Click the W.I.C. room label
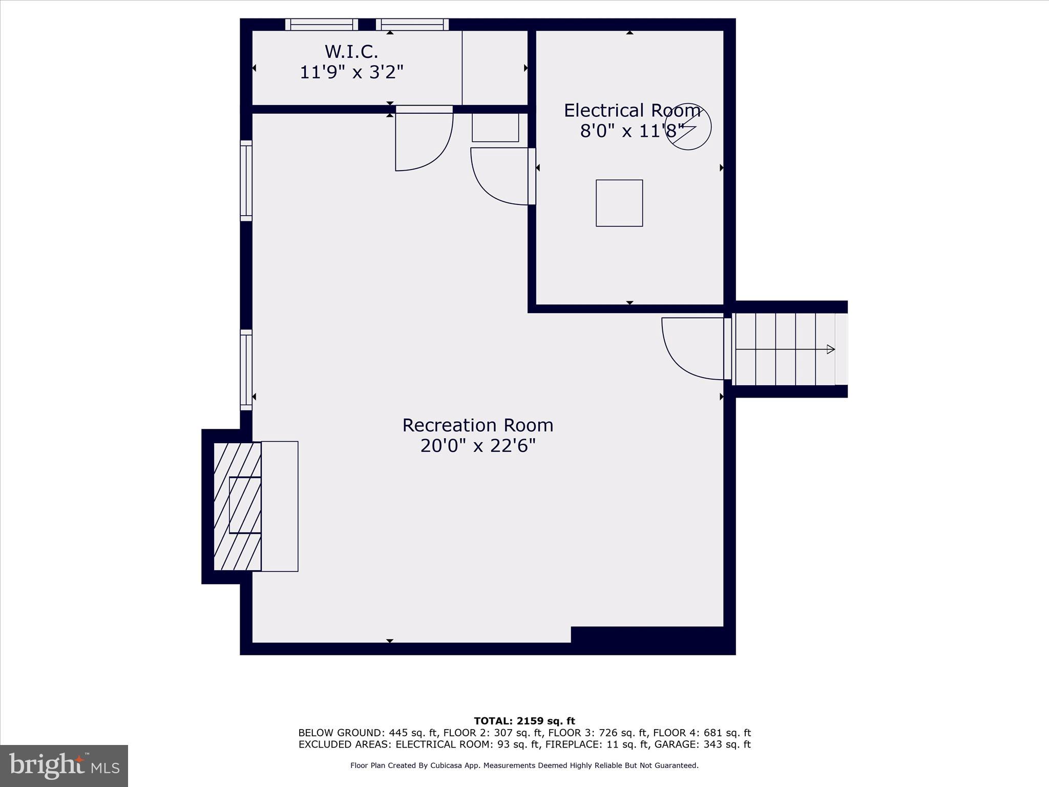coord(351,52)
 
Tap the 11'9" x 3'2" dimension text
coord(351,72)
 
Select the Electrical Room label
coord(632,111)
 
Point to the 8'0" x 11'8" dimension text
coord(632,131)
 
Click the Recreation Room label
coord(477,425)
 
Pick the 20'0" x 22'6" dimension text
coord(477,446)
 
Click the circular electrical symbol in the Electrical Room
coord(688,127)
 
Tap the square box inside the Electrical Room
coord(619,203)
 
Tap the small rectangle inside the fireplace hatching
coord(245,505)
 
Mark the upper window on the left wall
coord(246,180)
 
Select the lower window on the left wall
coord(246,369)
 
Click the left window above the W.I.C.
coord(321,24)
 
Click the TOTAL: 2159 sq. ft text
coord(524,721)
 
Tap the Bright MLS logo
coord(64,765)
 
